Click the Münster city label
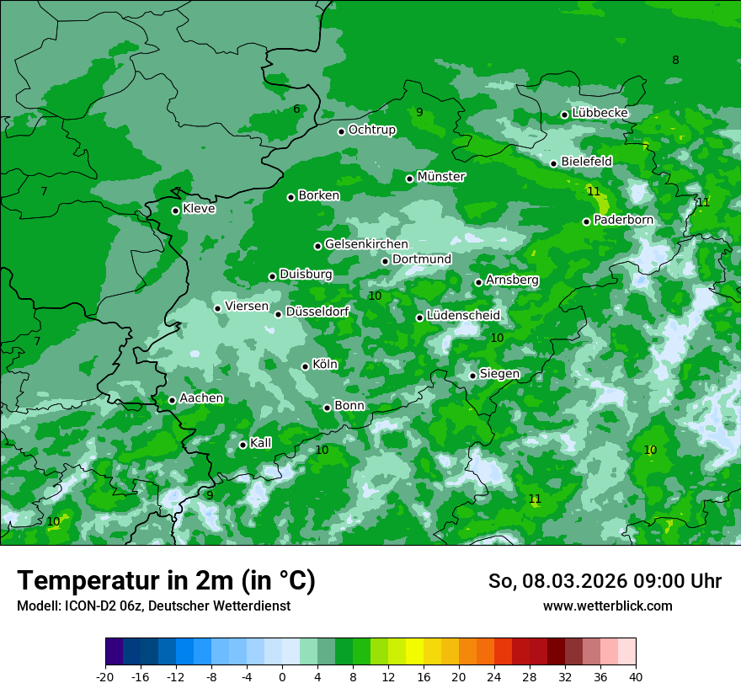click(x=441, y=177)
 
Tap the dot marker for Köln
click(x=306, y=366)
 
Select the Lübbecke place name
click(x=600, y=113)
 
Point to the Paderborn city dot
click(x=587, y=221)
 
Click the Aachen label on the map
click(x=201, y=398)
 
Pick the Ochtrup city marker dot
click(x=342, y=131)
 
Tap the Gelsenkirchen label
click(x=366, y=244)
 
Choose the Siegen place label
click(x=499, y=374)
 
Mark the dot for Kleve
click(x=176, y=211)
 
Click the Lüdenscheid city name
click(x=463, y=316)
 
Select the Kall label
click(x=261, y=443)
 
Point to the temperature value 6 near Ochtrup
click(x=296, y=109)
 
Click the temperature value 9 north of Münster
click(x=419, y=112)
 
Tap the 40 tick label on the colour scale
click(x=636, y=677)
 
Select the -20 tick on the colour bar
click(x=105, y=677)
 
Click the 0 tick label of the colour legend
click(x=282, y=677)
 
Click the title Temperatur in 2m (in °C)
click(x=166, y=581)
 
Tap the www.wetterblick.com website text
click(x=607, y=606)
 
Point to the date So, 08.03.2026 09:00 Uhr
click(x=605, y=581)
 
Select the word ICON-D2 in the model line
click(x=88, y=606)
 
